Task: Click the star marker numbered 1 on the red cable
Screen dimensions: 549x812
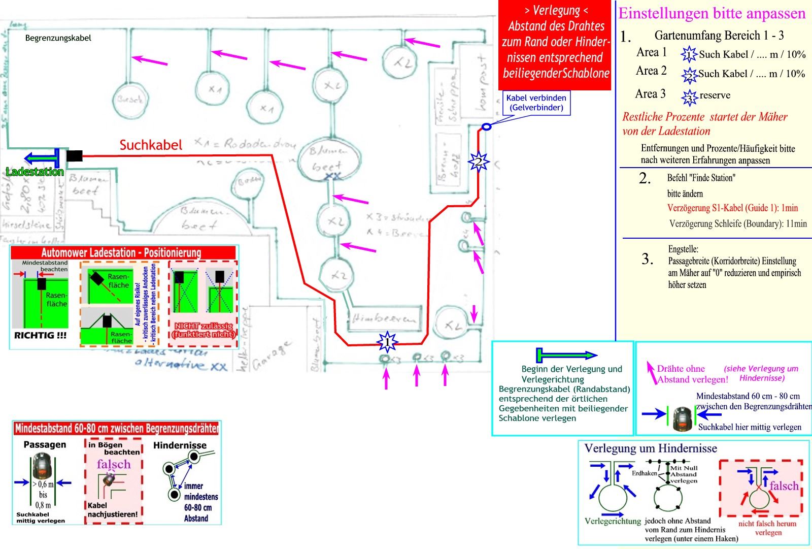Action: [x=387, y=343]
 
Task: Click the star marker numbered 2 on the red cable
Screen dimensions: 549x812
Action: [x=478, y=162]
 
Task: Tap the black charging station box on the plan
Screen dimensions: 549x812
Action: [x=74, y=156]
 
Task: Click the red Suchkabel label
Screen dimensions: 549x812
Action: [x=151, y=145]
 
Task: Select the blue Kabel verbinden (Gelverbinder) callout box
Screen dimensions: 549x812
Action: [x=536, y=103]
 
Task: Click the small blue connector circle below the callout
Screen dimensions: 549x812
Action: [x=486, y=126]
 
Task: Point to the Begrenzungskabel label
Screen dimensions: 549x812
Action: [x=58, y=38]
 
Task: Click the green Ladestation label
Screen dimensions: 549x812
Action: [x=35, y=172]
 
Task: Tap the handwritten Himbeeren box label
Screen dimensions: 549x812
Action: [x=384, y=318]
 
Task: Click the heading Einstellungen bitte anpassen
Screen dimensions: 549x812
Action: [x=712, y=14]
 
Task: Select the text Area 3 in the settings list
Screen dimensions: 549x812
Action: [x=650, y=94]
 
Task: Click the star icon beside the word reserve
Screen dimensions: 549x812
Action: [x=689, y=96]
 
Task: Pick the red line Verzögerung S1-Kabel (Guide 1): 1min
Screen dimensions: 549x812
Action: [x=732, y=208]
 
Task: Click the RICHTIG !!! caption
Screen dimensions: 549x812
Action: [x=40, y=336]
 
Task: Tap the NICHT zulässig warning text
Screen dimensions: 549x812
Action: [x=204, y=330]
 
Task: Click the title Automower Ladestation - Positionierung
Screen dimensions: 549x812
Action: [x=121, y=253]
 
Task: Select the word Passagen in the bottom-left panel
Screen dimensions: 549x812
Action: [x=45, y=445]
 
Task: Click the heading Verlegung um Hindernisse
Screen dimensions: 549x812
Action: [x=651, y=449]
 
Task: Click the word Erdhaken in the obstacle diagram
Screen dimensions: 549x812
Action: [x=644, y=473]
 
